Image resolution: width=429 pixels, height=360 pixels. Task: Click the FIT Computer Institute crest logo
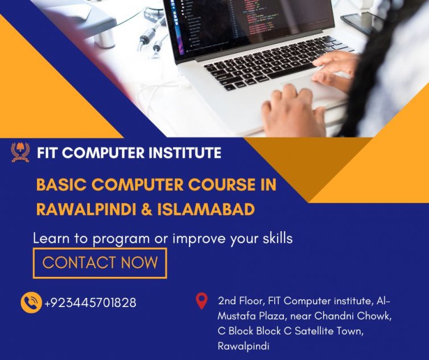click(20, 152)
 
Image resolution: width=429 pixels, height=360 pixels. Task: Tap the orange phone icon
click(31, 302)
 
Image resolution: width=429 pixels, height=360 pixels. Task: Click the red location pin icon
click(201, 301)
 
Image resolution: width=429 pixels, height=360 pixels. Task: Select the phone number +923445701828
click(90, 302)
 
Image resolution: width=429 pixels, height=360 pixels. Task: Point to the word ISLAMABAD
click(206, 210)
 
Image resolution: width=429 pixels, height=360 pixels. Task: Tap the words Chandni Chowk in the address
click(353, 316)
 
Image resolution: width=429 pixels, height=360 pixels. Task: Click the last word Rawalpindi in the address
click(244, 346)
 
